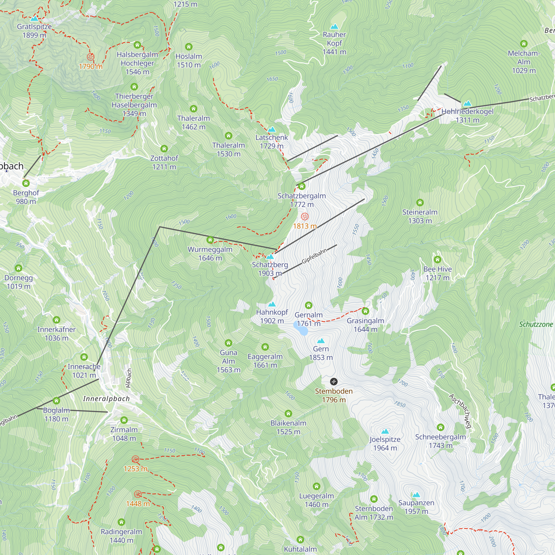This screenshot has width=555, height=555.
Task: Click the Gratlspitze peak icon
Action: pyautogui.click(x=34, y=19)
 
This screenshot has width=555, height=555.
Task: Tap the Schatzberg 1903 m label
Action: pyautogui.click(x=270, y=269)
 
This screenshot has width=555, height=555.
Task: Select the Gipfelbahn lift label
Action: pyautogui.click(x=314, y=256)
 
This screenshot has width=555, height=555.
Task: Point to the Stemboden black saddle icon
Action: pyautogui.click(x=334, y=382)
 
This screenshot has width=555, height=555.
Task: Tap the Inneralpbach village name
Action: pyautogui.click(x=106, y=399)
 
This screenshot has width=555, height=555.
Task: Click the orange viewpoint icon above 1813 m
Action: pyautogui.click(x=304, y=216)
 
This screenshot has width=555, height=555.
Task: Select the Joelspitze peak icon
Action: pyautogui.click(x=385, y=431)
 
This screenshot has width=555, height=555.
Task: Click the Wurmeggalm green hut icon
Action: pyautogui.click(x=210, y=240)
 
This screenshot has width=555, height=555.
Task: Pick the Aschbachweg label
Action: pyautogui.click(x=460, y=411)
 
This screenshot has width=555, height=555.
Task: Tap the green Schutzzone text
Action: pyautogui.click(x=536, y=324)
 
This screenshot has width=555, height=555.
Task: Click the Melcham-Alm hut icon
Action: pyautogui.click(x=524, y=44)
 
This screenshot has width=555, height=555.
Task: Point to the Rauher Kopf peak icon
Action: pyautogui.click(x=334, y=27)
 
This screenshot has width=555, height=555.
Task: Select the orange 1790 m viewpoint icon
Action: pyautogui.click(x=90, y=57)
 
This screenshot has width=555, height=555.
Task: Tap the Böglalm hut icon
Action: pyautogui.click(x=56, y=401)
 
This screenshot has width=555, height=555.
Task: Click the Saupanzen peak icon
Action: pyautogui.click(x=416, y=495)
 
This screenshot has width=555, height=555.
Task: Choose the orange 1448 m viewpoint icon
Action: pyautogui.click(x=138, y=494)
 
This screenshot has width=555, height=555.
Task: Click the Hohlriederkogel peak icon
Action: pyautogui.click(x=467, y=104)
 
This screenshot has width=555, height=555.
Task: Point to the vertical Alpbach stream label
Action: pyautogui.click(x=129, y=378)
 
